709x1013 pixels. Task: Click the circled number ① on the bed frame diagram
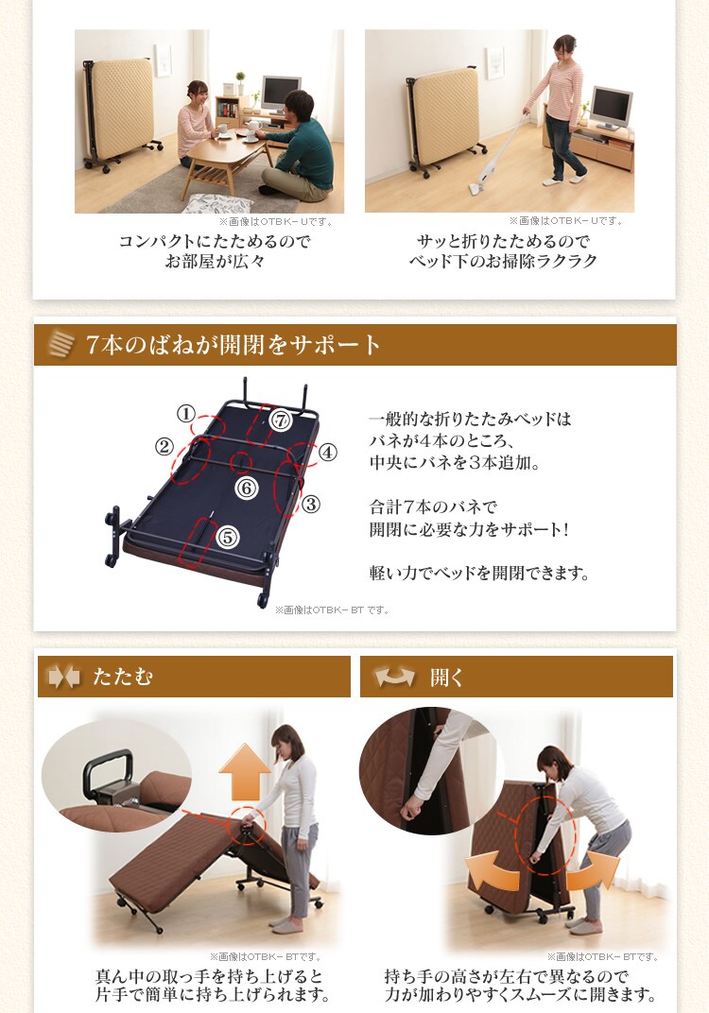[x=186, y=413]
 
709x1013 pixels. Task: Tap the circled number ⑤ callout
[x=228, y=537]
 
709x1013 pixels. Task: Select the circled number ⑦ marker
[x=281, y=421]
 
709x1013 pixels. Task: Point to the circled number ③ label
[x=311, y=504]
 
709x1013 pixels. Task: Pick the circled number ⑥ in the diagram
[x=246, y=488]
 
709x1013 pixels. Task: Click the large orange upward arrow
[x=244, y=771]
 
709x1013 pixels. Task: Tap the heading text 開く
[x=446, y=677]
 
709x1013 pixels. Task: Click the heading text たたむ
[x=123, y=677]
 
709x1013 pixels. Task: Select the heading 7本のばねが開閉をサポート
[x=233, y=344]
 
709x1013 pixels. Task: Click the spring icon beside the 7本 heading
[x=62, y=344]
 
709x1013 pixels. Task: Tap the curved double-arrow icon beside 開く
[x=394, y=677]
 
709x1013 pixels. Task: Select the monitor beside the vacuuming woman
[x=611, y=108]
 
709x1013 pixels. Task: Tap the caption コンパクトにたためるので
[x=215, y=242]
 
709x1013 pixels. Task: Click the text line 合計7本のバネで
[x=433, y=507]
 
